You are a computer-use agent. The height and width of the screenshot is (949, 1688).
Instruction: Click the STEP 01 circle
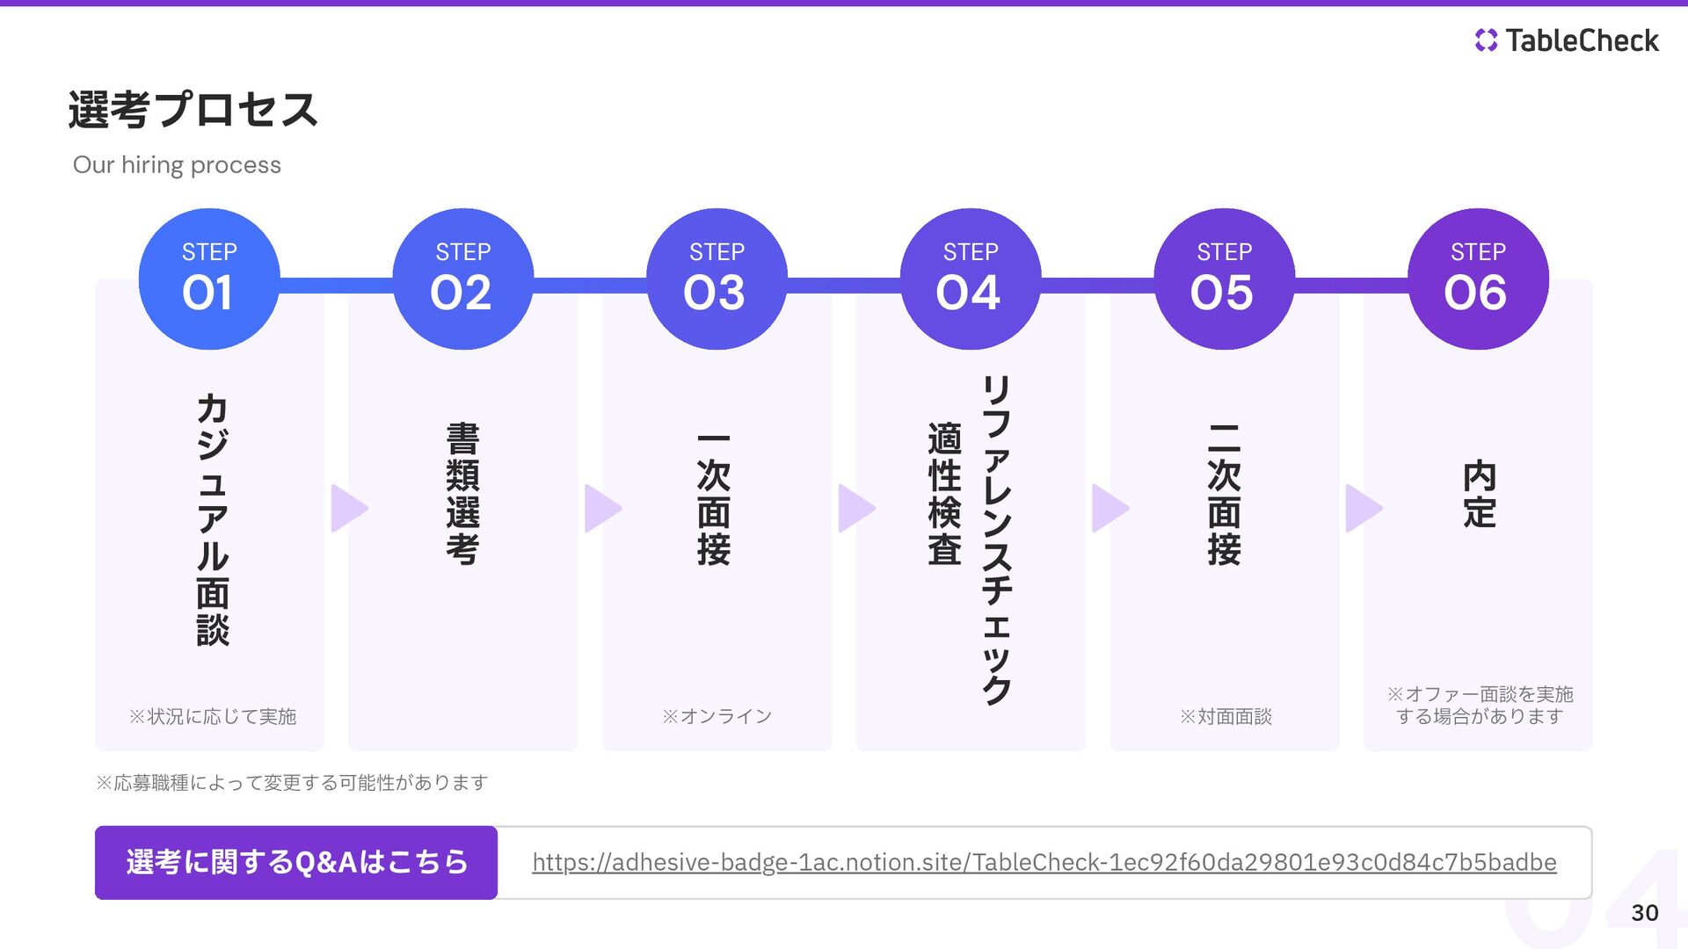coord(209,279)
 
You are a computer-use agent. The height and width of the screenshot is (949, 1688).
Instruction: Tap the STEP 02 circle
coord(462,279)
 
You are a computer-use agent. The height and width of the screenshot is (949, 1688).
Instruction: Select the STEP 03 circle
coord(717,279)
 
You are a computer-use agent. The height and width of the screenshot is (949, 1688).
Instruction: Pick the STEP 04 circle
coord(971,279)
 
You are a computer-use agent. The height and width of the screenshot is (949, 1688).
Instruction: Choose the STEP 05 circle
coord(1224,279)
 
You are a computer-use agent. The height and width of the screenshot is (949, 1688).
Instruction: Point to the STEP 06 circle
coord(1478,279)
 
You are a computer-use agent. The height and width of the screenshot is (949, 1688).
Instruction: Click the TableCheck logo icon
coord(1486,40)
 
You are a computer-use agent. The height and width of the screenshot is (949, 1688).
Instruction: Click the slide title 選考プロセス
coord(193,110)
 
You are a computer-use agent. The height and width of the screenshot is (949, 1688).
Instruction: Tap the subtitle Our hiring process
coord(177,165)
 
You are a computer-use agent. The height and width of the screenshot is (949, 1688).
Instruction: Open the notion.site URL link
coord(1044,863)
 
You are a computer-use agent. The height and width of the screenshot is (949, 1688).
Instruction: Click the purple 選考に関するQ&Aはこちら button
coord(296,863)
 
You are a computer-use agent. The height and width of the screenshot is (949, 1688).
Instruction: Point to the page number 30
coord(1644,913)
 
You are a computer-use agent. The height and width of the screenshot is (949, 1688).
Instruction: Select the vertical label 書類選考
coord(462,494)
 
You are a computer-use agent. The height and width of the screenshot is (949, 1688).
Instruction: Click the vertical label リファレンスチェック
coord(996,540)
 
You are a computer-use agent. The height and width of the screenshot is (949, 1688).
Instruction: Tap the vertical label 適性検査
coord(944,494)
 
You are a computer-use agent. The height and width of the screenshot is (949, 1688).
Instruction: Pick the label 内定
coord(1479,494)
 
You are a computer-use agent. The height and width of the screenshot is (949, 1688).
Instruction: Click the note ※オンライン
coord(717,717)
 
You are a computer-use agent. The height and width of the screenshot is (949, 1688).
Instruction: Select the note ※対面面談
coord(1225,717)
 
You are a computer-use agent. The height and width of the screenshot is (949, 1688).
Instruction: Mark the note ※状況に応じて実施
coord(212,717)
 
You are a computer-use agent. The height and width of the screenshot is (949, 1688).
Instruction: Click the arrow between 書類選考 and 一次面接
coord(602,508)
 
